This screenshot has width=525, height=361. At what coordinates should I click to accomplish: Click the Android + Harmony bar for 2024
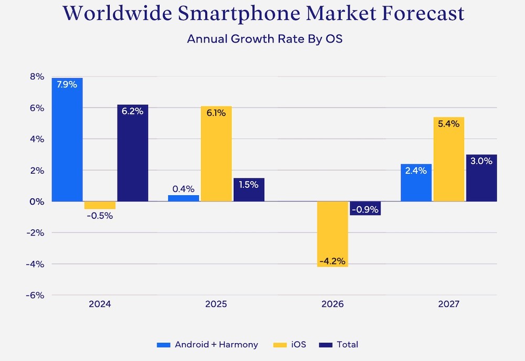67,140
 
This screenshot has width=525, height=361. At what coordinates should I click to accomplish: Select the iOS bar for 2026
332,234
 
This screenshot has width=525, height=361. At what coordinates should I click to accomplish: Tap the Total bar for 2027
481,178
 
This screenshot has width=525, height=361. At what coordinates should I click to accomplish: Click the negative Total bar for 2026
365,208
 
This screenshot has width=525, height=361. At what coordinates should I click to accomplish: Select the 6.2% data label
132,111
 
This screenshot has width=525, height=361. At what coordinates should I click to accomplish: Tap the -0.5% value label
99,216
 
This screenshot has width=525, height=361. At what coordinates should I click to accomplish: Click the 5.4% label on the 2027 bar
448,124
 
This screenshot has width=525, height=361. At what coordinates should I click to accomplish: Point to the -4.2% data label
332,261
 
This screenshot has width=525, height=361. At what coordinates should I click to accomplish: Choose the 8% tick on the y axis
37,77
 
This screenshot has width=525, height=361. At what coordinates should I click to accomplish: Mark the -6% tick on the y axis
35,295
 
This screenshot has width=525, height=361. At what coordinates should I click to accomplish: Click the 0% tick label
37,201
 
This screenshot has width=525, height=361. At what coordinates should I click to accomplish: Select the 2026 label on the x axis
332,304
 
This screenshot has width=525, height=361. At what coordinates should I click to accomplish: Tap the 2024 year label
100,304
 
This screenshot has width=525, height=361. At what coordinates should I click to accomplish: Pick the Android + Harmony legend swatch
164,345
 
